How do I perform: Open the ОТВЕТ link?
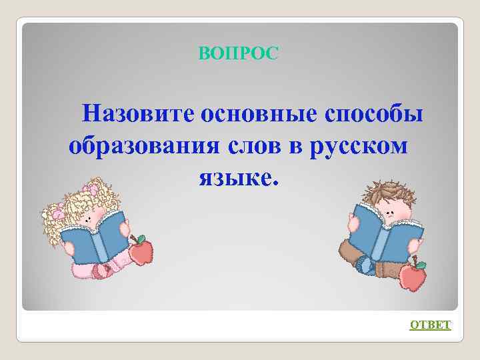(430, 325)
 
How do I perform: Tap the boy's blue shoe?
(365, 265)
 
